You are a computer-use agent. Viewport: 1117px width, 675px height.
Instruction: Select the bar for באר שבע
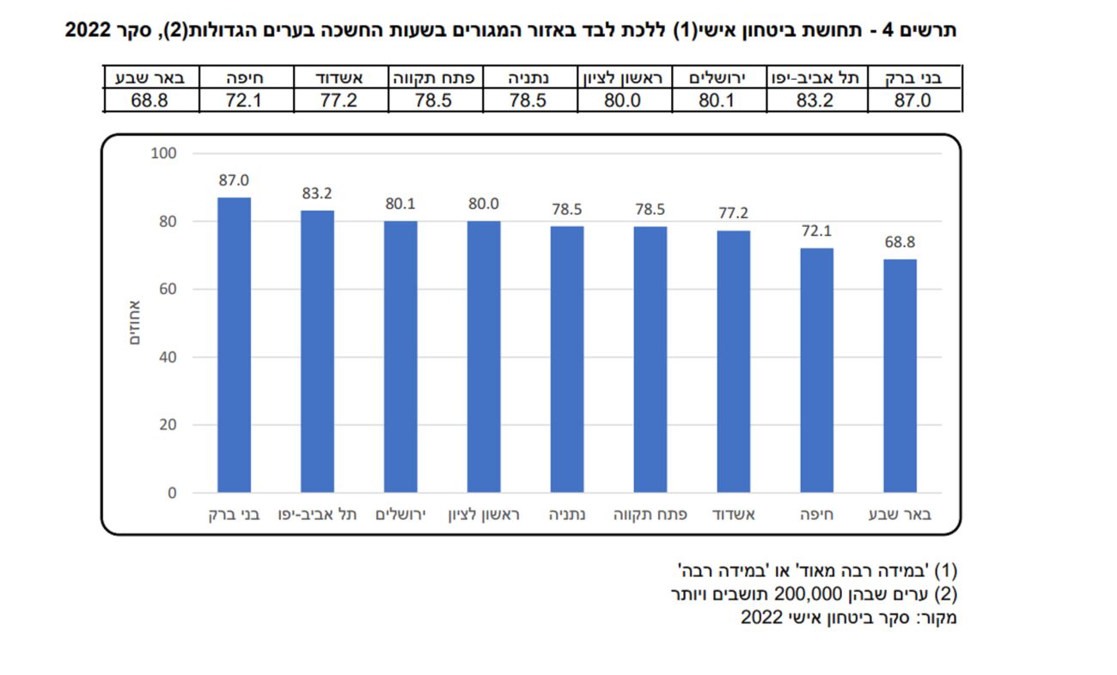click(900, 375)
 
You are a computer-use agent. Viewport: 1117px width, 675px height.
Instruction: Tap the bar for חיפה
click(816, 369)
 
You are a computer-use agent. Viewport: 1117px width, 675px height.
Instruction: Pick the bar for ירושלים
click(400, 356)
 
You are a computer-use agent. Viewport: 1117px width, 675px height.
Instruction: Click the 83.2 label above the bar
click(317, 194)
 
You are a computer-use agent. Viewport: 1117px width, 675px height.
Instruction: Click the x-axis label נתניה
click(566, 515)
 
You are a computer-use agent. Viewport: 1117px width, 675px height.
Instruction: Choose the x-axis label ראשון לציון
click(484, 515)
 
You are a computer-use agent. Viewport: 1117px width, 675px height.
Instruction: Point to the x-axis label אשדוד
click(733, 515)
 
